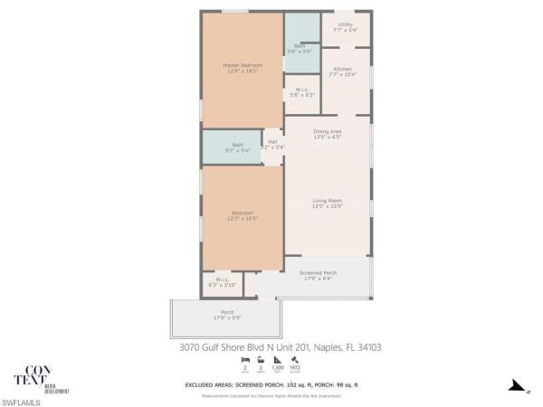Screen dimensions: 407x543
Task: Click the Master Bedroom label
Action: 243,68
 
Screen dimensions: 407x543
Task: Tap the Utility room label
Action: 346,27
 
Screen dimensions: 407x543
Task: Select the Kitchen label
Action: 342,72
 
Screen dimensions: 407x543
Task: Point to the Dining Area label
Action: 327,135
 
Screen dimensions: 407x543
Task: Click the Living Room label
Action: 327,203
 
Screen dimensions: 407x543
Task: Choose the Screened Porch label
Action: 318,275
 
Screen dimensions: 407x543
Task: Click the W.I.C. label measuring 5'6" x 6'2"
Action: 302,92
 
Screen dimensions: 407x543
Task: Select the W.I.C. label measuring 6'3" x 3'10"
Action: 221,282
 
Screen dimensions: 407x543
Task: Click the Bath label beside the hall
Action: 237,147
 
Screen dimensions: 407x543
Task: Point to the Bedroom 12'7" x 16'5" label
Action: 242,216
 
